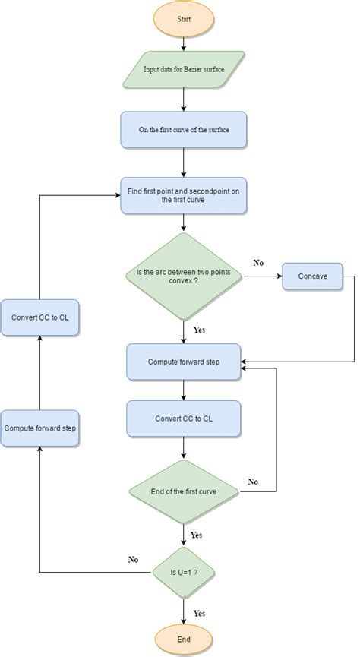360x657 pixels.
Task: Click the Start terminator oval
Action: [x=184, y=20]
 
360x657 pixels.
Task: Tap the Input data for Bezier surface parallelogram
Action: [x=184, y=69]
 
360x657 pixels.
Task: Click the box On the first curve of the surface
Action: [x=184, y=130]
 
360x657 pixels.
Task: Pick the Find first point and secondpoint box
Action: [x=184, y=195]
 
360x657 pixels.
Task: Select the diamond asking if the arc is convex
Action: [x=184, y=276]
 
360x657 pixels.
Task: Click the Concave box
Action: [x=312, y=276]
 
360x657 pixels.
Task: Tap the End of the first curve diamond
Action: [x=184, y=491]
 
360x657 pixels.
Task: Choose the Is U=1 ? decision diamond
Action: [x=184, y=572]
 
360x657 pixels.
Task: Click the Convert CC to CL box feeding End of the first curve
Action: [x=184, y=419]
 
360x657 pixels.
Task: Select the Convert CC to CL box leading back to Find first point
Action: [x=39, y=317]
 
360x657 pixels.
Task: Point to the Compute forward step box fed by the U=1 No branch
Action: [x=39, y=428]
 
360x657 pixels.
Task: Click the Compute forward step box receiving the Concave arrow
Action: [x=184, y=362]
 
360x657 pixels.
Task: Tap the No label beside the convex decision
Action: [x=258, y=263]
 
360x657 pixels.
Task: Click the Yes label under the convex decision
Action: [x=198, y=330]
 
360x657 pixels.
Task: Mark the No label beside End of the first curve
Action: [x=253, y=482]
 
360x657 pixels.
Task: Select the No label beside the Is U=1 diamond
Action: [x=133, y=560]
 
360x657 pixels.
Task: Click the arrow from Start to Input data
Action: [x=184, y=43]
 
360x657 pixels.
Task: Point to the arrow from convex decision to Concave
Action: [x=262, y=276]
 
